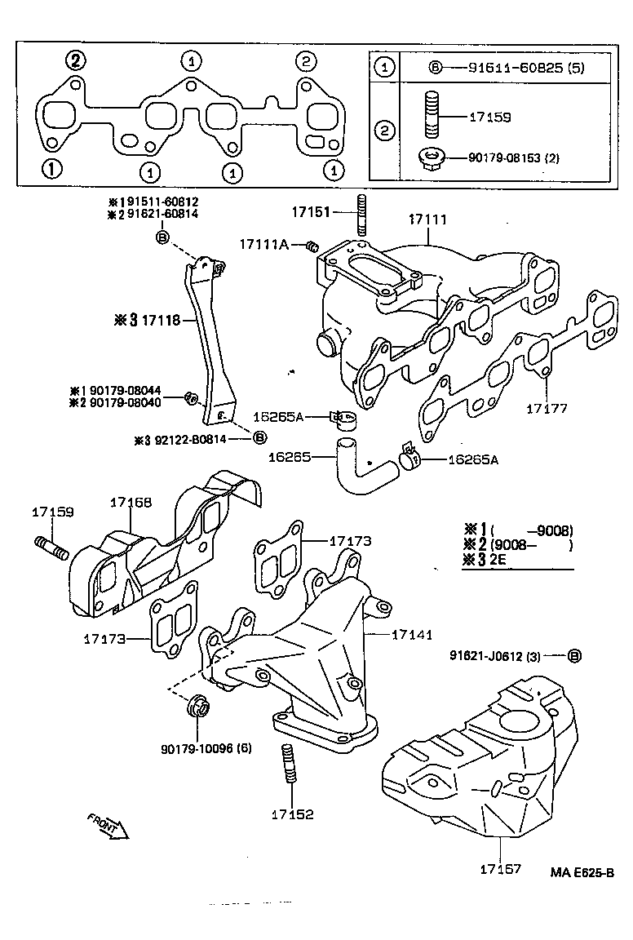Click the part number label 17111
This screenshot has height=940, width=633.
(x=428, y=219)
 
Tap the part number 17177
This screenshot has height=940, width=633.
(x=546, y=408)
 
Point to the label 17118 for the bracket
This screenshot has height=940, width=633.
(x=161, y=320)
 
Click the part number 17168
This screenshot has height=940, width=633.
(x=131, y=503)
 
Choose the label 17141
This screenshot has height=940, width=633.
(x=412, y=634)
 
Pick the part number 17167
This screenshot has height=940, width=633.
(x=500, y=870)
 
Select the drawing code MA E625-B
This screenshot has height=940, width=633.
(x=582, y=872)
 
